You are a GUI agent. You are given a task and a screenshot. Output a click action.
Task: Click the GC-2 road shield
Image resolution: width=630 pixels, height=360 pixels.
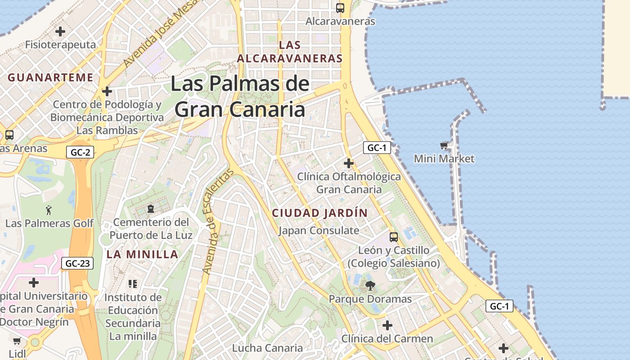(x=81, y=152)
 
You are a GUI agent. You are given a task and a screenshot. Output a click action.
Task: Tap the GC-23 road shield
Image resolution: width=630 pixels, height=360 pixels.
(x=77, y=263)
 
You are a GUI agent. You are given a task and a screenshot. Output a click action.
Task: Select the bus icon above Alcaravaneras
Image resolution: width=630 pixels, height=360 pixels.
(x=340, y=8)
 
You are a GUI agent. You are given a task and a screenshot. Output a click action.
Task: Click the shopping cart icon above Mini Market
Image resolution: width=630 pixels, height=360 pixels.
(x=444, y=145)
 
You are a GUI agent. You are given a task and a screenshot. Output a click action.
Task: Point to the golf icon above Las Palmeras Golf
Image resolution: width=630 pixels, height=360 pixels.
(x=49, y=210)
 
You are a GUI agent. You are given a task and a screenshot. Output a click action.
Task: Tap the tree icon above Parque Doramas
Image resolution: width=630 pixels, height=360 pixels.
(x=370, y=285)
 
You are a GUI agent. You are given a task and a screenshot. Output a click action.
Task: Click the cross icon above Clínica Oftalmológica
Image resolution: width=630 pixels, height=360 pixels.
(x=349, y=163)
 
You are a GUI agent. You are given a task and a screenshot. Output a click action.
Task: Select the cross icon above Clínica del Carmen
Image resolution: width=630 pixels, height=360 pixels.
(x=387, y=325)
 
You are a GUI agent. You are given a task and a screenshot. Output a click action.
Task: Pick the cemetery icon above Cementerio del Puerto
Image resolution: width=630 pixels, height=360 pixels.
(x=151, y=209)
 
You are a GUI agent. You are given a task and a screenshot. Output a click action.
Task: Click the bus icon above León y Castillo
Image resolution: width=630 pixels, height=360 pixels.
(x=394, y=237)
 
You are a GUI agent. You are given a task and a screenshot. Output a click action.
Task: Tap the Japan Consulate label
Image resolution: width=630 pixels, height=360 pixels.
(x=319, y=231)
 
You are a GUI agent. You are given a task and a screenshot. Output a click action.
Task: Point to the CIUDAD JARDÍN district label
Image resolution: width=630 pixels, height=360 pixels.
(x=320, y=213)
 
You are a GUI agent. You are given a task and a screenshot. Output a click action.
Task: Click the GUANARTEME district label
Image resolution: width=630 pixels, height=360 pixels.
(x=50, y=77)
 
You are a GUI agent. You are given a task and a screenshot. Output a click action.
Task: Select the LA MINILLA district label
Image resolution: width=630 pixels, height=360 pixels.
(x=143, y=254)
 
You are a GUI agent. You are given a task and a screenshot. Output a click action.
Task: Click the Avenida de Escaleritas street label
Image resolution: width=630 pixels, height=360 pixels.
(x=218, y=221)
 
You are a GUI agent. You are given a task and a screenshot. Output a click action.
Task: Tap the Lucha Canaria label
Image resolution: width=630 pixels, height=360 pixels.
(x=267, y=348)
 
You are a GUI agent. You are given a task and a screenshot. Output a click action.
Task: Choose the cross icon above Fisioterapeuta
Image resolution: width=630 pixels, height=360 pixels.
(x=60, y=31)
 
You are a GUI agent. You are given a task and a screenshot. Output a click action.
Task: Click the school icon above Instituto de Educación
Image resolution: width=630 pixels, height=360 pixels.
(x=133, y=283)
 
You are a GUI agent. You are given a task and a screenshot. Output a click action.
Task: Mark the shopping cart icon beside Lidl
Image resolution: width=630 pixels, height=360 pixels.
(x=17, y=341)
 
